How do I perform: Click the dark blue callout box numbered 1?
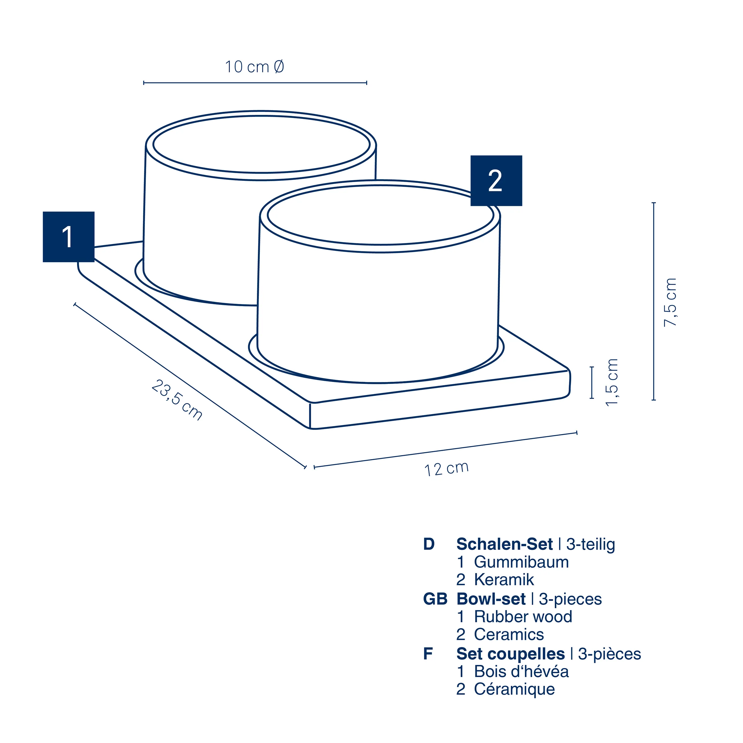[x=68, y=237]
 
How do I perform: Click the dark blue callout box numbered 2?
[x=496, y=181]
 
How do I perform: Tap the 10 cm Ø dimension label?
[x=254, y=67]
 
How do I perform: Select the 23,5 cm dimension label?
[x=176, y=400]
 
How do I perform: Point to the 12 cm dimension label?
[x=446, y=469]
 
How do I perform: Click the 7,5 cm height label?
[x=670, y=302]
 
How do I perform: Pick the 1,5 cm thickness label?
[x=611, y=382]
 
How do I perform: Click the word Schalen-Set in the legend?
[x=505, y=544]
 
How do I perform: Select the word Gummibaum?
[x=521, y=562]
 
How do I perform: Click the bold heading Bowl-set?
[x=491, y=599]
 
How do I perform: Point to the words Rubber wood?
[x=523, y=616]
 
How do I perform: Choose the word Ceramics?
[x=509, y=634]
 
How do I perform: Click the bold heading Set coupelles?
[x=510, y=654]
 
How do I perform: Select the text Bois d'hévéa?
[x=521, y=671]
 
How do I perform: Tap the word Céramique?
[x=514, y=689]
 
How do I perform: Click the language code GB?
[x=435, y=599]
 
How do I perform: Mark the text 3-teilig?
[x=590, y=544]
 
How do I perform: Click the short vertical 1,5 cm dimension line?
[x=592, y=382]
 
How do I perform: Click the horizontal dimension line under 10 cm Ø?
[x=255, y=83]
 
